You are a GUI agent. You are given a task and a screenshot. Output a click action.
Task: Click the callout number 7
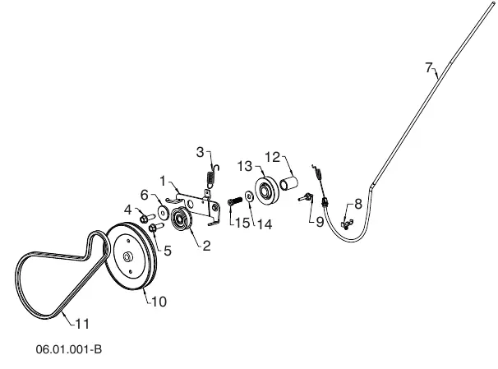coord(429,67)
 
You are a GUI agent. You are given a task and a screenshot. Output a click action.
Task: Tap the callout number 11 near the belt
coord(82,325)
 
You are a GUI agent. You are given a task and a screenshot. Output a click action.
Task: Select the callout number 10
coord(159,302)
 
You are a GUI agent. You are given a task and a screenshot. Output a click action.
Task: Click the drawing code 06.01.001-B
coord(69,349)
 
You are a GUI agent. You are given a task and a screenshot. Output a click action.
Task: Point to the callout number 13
coord(245,166)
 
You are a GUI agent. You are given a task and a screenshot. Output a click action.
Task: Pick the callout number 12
coord(273,157)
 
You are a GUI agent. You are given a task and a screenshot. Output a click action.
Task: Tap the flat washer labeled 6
coord(164,212)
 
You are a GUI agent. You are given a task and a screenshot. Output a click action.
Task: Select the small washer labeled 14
coord(249,196)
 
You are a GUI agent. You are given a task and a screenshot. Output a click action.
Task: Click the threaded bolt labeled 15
coord(235,201)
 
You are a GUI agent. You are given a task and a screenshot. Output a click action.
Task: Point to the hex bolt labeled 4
coord(147,218)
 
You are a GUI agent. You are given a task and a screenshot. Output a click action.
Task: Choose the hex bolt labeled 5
coord(155,227)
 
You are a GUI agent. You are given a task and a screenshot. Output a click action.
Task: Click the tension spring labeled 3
coord(212,176)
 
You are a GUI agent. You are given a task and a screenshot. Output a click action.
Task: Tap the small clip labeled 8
coord(347,224)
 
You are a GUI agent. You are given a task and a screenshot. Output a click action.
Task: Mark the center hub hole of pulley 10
coord(127,257)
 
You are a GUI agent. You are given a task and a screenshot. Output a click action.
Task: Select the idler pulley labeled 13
coord(267,191)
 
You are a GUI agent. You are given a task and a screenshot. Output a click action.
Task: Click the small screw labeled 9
coord(306,197)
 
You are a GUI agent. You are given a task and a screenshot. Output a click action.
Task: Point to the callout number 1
coord(163,182)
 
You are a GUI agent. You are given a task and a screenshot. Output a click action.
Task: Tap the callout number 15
coord(242,223)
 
